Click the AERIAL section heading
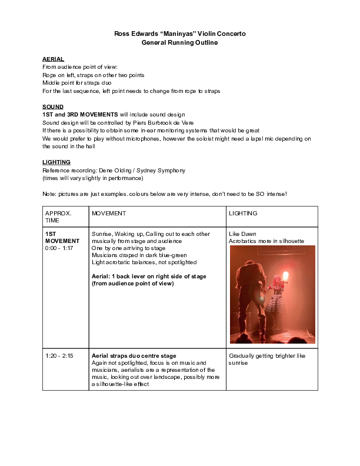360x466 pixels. point(53,59)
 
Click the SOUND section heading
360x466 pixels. point(53,106)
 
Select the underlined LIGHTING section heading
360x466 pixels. point(56,162)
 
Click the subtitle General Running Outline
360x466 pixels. point(179,43)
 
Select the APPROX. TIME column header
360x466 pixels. point(58,216)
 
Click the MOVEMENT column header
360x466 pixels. point(109,212)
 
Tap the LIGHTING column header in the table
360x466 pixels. point(243,212)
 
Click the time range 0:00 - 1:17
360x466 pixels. point(59,248)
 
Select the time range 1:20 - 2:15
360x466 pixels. point(59,356)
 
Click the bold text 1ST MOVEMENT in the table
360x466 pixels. point(59,237)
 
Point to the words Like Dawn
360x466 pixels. point(242,234)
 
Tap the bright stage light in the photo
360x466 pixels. point(286,276)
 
